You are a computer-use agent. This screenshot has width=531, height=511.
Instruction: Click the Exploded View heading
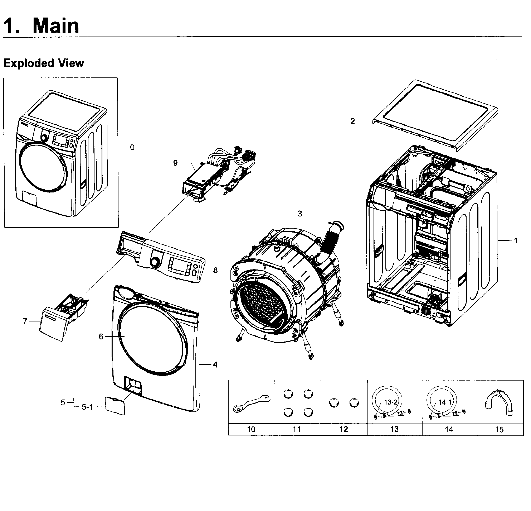44,63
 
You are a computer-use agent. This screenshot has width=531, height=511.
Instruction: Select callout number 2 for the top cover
352,121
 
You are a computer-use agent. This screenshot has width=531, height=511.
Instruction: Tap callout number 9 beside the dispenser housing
175,163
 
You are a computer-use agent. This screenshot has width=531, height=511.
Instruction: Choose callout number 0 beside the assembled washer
132,147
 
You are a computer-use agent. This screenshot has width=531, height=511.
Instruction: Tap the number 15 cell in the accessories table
499,429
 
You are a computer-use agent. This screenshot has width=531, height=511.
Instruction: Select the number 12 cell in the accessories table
344,429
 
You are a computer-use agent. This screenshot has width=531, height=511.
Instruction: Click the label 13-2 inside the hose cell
390,402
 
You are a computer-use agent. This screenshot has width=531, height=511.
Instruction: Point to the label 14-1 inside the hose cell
445,402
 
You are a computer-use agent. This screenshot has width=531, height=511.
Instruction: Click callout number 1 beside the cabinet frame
516,240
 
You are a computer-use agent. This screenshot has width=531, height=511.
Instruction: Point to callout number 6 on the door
101,336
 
